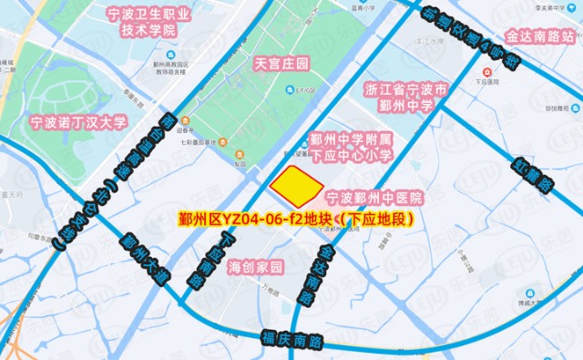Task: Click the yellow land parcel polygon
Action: [x=297, y=188]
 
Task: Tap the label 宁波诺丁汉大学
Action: [x=78, y=121]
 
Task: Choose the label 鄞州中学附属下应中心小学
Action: [x=351, y=147]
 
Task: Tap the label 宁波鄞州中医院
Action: [x=374, y=197]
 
